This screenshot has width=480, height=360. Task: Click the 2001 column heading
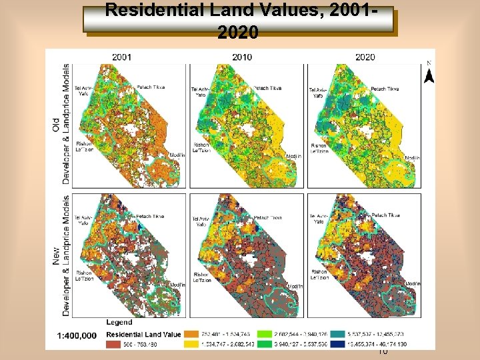click(x=122, y=57)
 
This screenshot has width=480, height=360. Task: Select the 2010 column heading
click(x=242, y=57)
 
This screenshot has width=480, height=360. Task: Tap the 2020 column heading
click(x=365, y=57)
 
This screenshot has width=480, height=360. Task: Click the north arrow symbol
click(x=429, y=72)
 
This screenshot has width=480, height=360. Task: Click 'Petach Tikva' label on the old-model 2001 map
click(x=151, y=87)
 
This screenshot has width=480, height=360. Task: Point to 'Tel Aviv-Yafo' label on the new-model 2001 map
click(x=84, y=220)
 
